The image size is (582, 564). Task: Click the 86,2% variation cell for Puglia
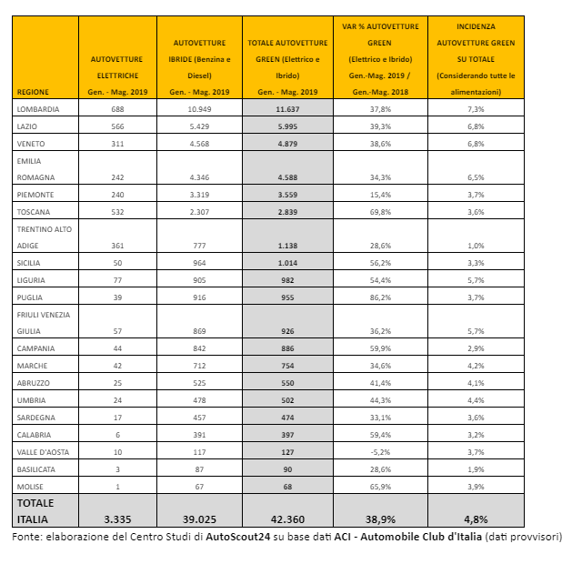(381, 297)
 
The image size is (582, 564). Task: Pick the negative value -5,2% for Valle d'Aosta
(381, 450)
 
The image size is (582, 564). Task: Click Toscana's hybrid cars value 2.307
(199, 211)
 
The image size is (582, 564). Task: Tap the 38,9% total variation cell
(381, 519)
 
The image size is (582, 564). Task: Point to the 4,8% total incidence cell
(475, 519)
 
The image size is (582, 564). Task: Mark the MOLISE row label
(30, 485)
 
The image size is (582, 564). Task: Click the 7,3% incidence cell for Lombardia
(475, 108)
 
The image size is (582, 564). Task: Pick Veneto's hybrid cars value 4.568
(199, 143)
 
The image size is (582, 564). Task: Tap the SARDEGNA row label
(35, 417)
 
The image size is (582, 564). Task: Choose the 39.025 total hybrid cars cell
(199, 519)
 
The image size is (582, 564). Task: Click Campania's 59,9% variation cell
(381, 348)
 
